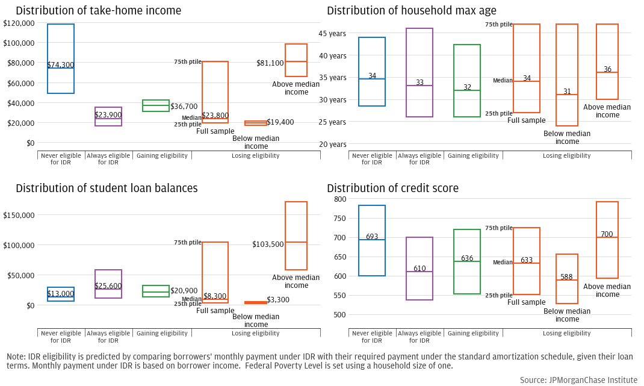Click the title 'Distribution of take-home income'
tap(98, 11)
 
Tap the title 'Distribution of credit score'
tap(392, 188)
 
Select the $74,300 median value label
tap(61, 65)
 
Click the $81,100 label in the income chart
tap(270, 63)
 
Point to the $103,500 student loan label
tap(268, 244)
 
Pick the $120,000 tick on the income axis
tap(19, 23)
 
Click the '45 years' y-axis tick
tap(332, 34)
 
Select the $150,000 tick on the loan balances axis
tap(19, 215)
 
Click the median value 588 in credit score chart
tap(567, 277)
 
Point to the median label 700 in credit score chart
tap(607, 234)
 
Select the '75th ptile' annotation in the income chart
tap(188, 62)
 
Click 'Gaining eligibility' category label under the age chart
tap(473, 155)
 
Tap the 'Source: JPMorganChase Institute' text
tap(578, 380)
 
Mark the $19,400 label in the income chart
tap(280, 122)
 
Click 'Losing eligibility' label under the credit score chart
tap(567, 333)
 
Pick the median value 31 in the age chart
tap(567, 92)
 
